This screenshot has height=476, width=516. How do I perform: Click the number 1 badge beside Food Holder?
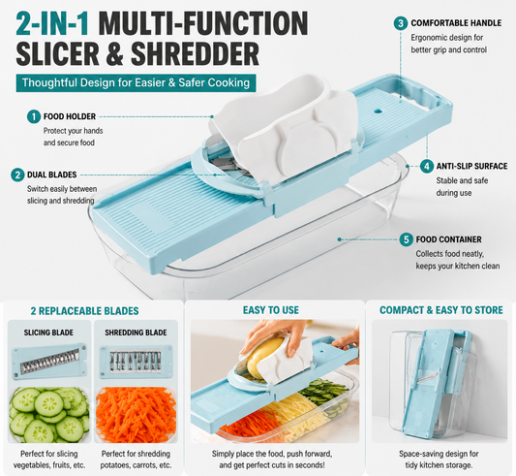pos(34,116)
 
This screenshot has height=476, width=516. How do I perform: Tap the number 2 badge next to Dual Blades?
pos(17,175)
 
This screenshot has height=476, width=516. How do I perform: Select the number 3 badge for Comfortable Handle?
pos(401,23)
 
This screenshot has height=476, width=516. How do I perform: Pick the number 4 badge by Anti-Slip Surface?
pos(427,166)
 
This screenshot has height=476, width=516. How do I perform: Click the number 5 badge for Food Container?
pos(406,239)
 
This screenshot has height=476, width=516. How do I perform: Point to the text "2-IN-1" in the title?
pos(52,23)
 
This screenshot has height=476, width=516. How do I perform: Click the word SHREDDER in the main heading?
pos(196,53)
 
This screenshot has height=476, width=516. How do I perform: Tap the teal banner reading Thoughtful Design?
pos(136,82)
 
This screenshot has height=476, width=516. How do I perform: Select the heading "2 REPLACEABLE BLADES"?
pos(85,311)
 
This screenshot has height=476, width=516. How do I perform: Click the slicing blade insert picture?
pos(49,361)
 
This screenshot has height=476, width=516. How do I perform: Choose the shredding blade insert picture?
pos(136,362)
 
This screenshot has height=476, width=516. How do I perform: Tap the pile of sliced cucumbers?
pos(49,415)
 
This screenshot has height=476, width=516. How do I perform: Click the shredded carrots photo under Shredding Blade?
pos(136,415)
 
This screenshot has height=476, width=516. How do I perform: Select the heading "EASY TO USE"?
pos(271,310)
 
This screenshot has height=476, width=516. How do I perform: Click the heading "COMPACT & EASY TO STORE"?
pos(441,310)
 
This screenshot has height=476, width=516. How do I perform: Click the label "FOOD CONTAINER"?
pos(448,239)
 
